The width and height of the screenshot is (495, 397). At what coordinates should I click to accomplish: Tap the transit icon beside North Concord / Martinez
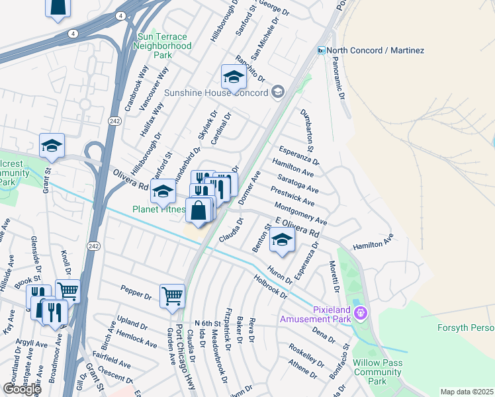tap(321, 50)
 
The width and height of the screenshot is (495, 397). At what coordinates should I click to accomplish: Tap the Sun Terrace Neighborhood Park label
tap(162, 46)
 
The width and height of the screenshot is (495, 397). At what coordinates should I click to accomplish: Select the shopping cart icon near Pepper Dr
tap(172, 295)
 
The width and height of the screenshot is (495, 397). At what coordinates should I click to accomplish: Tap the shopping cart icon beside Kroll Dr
tap(67, 290)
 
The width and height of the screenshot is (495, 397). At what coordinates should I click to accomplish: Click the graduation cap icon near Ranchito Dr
tap(234, 78)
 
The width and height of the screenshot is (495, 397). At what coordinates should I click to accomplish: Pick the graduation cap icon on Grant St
tap(52, 147)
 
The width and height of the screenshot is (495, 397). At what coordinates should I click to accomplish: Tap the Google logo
tap(21, 389)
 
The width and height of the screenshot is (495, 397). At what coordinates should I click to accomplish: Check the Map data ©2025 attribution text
tap(467, 392)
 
